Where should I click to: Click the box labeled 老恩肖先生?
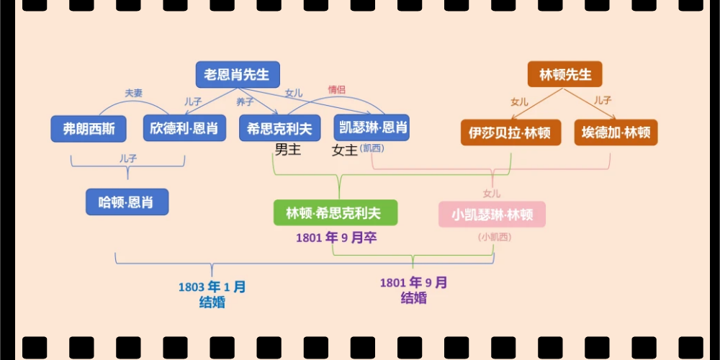238,75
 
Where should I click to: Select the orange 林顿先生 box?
564,75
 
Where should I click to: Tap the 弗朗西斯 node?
89,129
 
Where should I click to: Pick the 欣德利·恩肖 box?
184,129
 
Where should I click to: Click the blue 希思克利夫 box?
279,128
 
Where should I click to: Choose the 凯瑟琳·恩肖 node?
372,128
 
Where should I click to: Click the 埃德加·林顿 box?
616,132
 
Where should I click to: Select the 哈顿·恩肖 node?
127,202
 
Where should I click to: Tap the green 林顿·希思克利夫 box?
335,213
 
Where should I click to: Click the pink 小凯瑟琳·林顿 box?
492,215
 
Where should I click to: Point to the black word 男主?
287,150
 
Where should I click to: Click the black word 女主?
344,150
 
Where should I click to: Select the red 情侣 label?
337,90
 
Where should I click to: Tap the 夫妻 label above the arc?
133,93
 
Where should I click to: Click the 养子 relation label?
245,102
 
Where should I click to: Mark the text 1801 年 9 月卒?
336,238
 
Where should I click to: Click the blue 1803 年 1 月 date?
212,287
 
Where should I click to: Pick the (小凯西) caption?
492,237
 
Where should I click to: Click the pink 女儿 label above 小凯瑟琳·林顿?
492,193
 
